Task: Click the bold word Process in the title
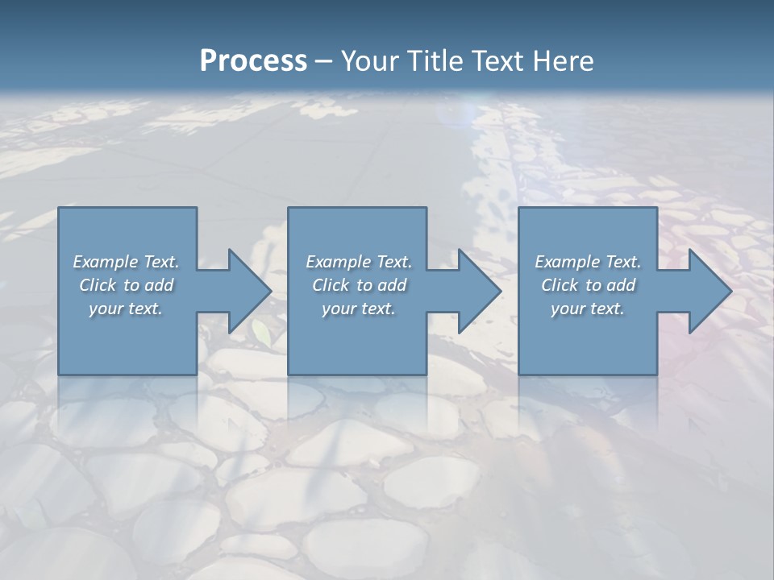tap(253, 61)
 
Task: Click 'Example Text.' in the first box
tap(126, 262)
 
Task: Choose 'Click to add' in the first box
tap(126, 285)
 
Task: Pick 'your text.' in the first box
tap(126, 309)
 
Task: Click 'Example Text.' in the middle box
tap(359, 262)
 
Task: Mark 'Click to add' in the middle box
tap(359, 285)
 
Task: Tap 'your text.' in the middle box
tap(359, 309)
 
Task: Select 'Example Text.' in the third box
tap(588, 262)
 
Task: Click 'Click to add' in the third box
tap(588, 285)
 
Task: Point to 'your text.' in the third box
tap(588, 309)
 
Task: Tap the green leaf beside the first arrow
tap(262, 332)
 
